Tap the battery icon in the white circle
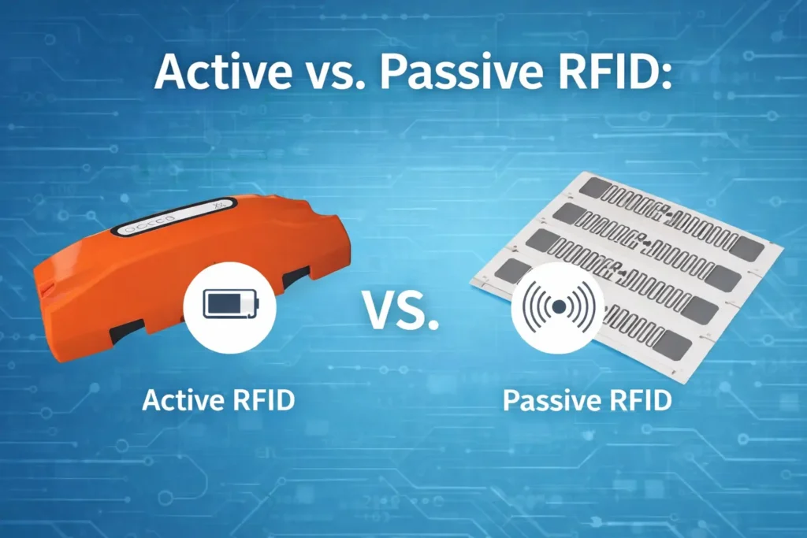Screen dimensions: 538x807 229,303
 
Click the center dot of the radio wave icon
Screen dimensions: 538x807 557,306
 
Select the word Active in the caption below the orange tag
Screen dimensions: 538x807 180,399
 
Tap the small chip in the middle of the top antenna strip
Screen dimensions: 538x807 667,213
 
